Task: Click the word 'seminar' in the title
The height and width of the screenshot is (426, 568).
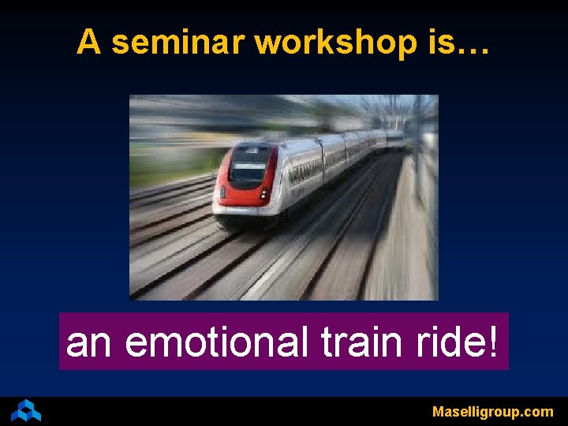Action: (179, 43)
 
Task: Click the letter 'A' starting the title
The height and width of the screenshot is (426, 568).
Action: (88, 43)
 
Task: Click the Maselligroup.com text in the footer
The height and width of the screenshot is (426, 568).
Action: (492, 412)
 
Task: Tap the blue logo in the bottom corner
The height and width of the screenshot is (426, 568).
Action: (26, 410)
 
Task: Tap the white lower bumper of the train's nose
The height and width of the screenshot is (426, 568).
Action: (241, 210)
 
